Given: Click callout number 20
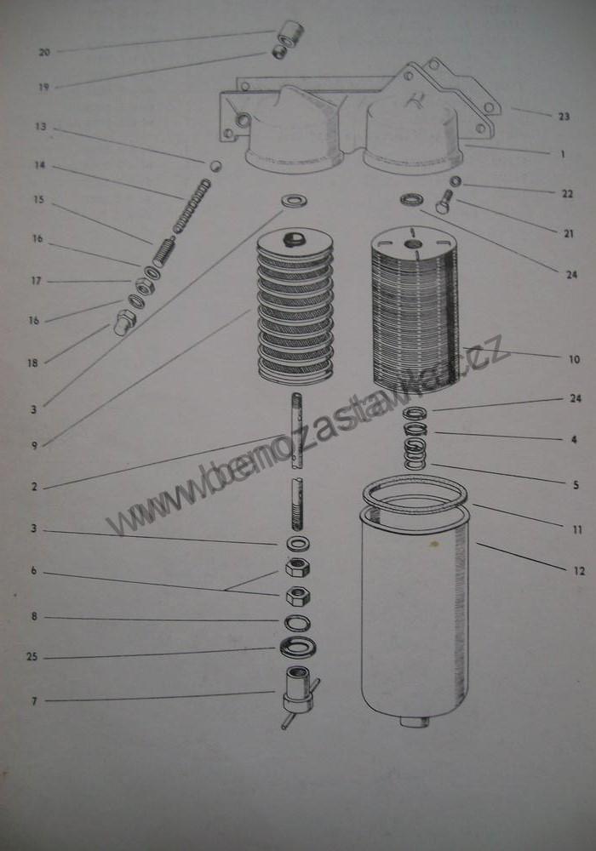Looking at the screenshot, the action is (44, 52).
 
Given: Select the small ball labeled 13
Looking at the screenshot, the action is (216, 165).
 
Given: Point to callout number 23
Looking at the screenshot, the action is (564, 116).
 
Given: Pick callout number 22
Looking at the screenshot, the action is (567, 194).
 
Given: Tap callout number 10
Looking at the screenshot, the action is (574, 359).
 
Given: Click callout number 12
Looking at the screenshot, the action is (579, 571).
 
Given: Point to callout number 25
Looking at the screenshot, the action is (32, 657).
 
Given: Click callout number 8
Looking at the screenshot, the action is (34, 616).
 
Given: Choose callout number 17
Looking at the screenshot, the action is (36, 281).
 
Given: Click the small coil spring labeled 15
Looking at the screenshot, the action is (164, 254).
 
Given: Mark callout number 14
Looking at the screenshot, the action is (40, 165).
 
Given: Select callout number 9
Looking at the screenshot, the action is (34, 446).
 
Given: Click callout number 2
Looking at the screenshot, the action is (34, 487).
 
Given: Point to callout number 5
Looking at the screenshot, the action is (576, 485).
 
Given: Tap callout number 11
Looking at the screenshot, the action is (577, 529).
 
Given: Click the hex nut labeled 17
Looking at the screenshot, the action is (143, 285).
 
